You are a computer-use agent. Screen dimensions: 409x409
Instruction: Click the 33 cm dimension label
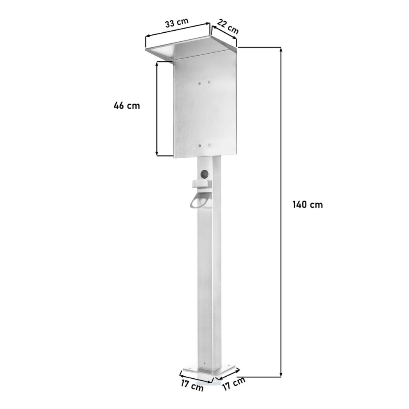[x=177, y=22]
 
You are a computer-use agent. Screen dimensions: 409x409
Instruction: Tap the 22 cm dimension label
[x=228, y=27]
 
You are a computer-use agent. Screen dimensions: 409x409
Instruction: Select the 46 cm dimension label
[x=127, y=106]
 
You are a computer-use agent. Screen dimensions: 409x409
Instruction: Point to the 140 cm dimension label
[x=308, y=204]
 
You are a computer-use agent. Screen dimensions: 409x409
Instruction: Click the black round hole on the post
[x=204, y=174]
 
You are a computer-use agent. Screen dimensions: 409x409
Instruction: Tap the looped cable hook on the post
[x=201, y=200]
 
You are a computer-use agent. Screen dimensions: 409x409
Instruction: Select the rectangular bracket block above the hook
[x=202, y=184]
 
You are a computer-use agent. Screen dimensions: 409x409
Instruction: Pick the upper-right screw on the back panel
[x=209, y=82]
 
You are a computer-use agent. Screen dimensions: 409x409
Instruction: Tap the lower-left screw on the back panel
[x=200, y=146]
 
